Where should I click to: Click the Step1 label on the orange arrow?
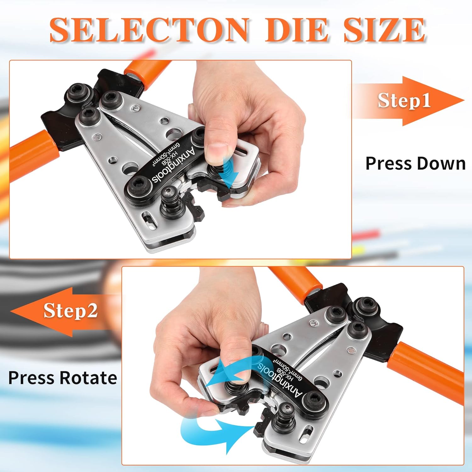point(404,100)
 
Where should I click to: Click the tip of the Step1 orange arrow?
point(464,101)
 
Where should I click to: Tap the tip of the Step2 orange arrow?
point(11,312)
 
